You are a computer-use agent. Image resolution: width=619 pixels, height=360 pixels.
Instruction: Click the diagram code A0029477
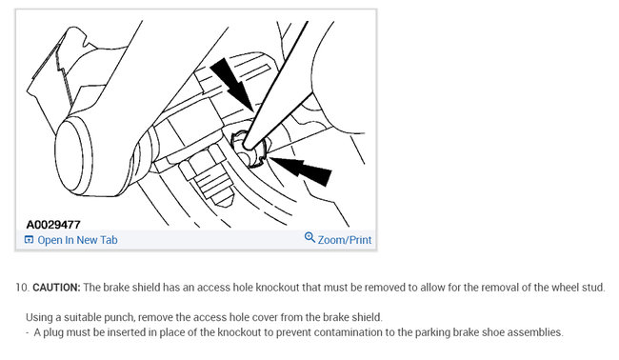pos(53,225)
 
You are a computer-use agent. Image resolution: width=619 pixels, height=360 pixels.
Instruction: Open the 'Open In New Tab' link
pos(76,240)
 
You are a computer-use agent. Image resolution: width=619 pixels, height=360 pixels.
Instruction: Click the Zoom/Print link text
pos(344,240)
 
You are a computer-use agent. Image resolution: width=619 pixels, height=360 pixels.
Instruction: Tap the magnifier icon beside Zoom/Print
pos(309,239)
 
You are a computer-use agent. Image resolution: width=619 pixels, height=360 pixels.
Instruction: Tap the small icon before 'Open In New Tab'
pos(29,240)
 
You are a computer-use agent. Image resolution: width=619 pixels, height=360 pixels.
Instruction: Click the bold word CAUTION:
pos(58,288)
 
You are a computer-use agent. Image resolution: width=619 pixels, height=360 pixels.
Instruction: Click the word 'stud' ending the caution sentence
pos(593,288)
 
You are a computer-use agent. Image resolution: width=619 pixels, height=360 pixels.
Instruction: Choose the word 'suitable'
pos(94,316)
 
